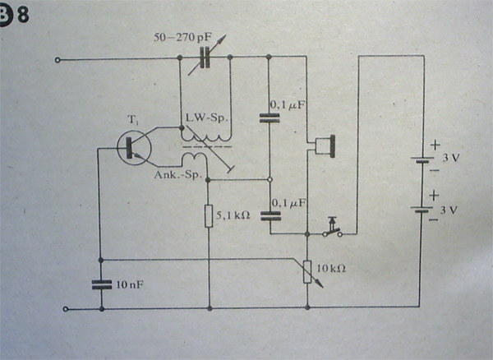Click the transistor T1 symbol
point(131,149)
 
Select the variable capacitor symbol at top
point(206,58)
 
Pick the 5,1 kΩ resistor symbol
point(209,217)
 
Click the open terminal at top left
point(57,59)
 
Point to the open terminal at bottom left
point(65,310)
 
